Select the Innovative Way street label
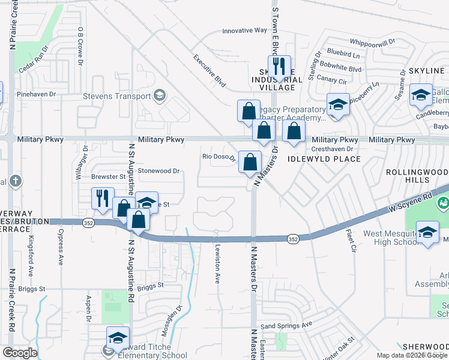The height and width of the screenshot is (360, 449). (244, 31)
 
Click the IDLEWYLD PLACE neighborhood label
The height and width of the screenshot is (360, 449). (324, 159)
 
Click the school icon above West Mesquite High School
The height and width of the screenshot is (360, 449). (427, 232)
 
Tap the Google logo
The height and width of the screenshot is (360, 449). (20, 353)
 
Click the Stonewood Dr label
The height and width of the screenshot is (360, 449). (159, 171)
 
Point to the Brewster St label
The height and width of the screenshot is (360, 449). (108, 177)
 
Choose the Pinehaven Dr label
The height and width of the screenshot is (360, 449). (37, 94)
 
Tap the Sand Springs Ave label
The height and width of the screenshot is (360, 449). (286, 325)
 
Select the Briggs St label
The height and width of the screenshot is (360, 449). (150, 286)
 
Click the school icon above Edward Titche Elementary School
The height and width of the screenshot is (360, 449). (118, 337)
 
